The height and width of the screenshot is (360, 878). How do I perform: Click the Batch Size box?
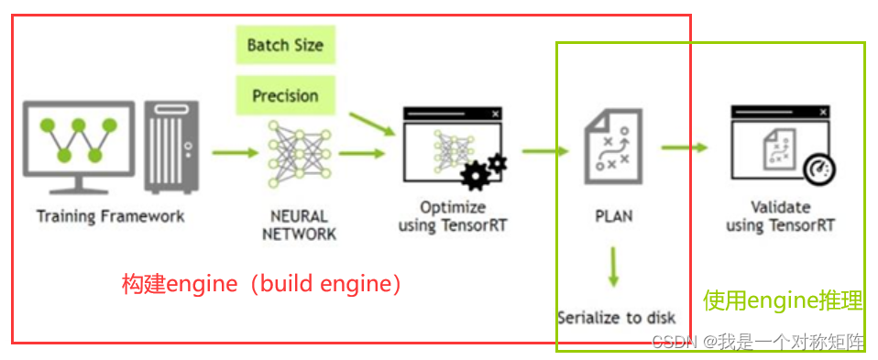pos(285,46)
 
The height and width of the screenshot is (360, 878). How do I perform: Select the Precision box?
pos(285,95)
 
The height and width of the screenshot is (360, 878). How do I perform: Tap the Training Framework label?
pos(110,217)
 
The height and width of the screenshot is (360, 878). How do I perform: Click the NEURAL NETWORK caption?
pos(299,225)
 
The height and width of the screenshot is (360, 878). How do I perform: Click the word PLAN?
pos(613,217)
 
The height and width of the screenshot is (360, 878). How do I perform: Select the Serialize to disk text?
pos(616,318)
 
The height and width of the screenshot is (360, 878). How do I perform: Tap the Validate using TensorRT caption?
pos(780,215)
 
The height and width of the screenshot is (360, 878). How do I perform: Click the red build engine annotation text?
pos(262,284)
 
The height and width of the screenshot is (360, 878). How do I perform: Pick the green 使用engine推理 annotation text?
pos(783,300)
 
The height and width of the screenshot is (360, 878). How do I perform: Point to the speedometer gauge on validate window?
pos(815,170)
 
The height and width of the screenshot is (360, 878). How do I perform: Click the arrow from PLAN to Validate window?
pos(685,147)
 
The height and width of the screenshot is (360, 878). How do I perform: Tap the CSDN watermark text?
pos(757,342)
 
